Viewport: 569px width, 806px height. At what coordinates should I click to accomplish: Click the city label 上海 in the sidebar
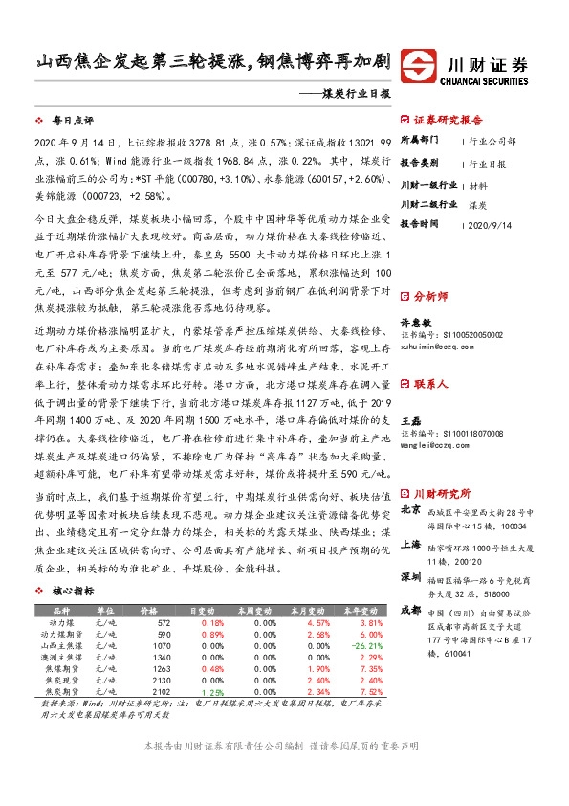pyautogui.click(x=410, y=544)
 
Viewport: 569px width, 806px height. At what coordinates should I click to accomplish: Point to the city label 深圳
pyautogui.click(x=410, y=578)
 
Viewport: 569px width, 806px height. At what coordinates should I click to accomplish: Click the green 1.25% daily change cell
pyautogui.click(x=213, y=692)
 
